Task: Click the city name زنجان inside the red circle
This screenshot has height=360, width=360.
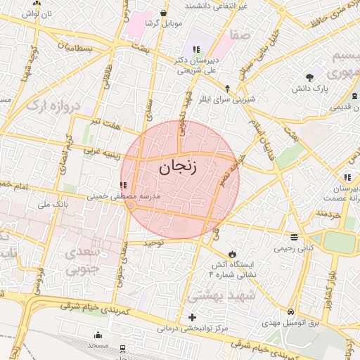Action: (177, 167)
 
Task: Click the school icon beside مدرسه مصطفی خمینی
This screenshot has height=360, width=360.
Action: (124, 186)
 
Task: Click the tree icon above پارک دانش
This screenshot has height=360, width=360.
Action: (310, 76)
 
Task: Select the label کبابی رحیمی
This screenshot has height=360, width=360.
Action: (293, 248)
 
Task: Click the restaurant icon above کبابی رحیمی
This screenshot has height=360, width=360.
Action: (293, 237)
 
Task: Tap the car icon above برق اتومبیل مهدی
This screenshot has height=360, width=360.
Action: (290, 311)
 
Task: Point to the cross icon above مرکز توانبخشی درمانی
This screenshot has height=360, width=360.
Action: (192, 317)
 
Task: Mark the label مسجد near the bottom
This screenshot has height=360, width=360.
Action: (98, 346)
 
